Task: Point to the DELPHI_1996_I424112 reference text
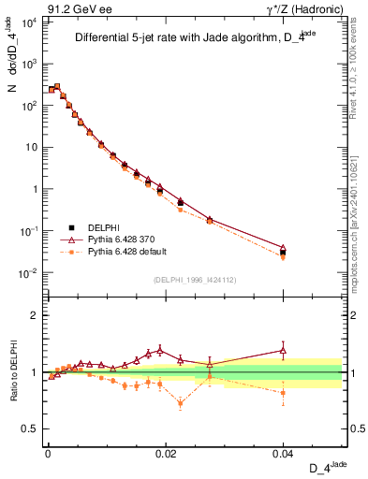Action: (x=195, y=278)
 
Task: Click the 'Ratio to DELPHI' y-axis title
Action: (x=15, y=372)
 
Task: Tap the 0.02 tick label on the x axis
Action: (x=166, y=452)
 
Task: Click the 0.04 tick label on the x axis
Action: (x=284, y=452)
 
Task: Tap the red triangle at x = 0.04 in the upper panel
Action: (x=284, y=248)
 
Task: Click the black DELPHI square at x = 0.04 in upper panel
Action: (x=284, y=253)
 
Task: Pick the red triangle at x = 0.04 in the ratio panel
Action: (x=284, y=350)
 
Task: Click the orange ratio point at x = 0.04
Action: (x=284, y=393)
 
